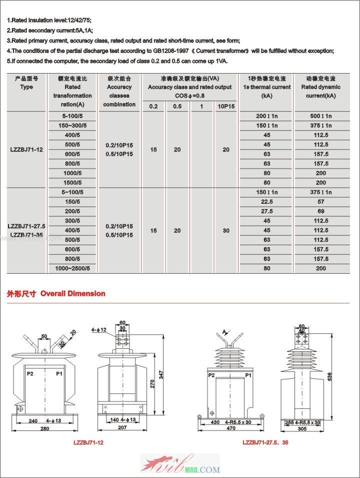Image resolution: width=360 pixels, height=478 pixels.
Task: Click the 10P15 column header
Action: click(226, 106)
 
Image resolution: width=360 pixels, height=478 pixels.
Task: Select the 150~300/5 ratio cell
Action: click(72, 126)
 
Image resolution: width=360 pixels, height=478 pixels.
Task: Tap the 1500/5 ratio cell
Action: click(72, 183)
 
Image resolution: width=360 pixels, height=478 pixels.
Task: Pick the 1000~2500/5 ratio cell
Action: click(72, 268)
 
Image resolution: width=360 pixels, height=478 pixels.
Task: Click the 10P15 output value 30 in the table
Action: click(226, 230)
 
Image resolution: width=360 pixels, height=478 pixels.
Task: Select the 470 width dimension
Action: click(230, 428)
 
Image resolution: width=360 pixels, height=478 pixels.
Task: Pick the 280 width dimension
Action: click(45, 429)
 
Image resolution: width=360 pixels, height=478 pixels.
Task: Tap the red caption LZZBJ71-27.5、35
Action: click(265, 442)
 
